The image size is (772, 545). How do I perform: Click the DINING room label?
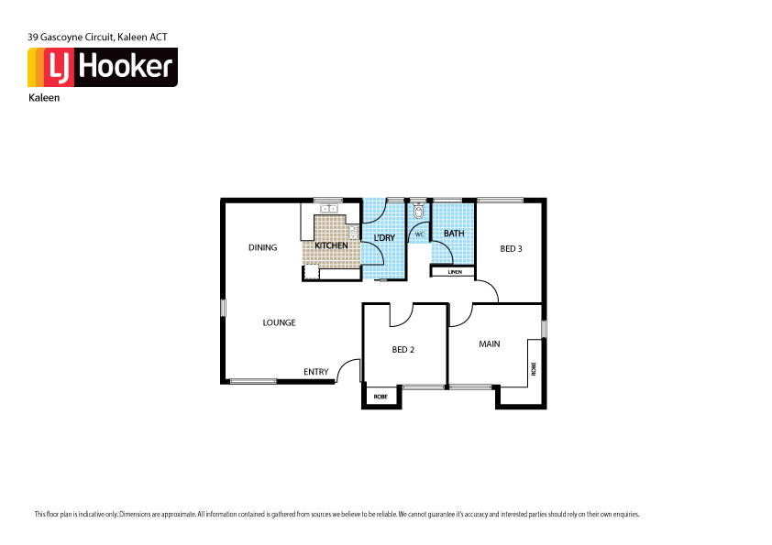coord(262,247)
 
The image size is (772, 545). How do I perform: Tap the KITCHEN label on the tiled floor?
coord(331,246)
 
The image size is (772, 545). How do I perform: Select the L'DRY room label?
coord(384,238)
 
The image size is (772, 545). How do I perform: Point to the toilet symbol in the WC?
coord(418,213)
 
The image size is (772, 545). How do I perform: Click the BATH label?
coord(454,234)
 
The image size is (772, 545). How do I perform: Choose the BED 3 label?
coord(511,248)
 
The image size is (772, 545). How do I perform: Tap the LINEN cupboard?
coord(454,272)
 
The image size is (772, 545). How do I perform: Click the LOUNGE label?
coord(279,322)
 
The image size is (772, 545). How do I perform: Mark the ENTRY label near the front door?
coord(316,372)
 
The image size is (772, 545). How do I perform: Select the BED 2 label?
coord(404,349)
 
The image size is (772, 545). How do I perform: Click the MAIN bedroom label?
coord(490,344)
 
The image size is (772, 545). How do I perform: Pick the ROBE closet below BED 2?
coord(380,397)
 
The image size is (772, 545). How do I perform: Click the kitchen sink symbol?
coord(329,209)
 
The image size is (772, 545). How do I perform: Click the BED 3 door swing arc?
coord(488,290)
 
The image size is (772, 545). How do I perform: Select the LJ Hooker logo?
coord(102,67)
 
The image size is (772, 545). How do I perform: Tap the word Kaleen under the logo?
coord(44,97)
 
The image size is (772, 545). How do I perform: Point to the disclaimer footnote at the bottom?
coord(336,514)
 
